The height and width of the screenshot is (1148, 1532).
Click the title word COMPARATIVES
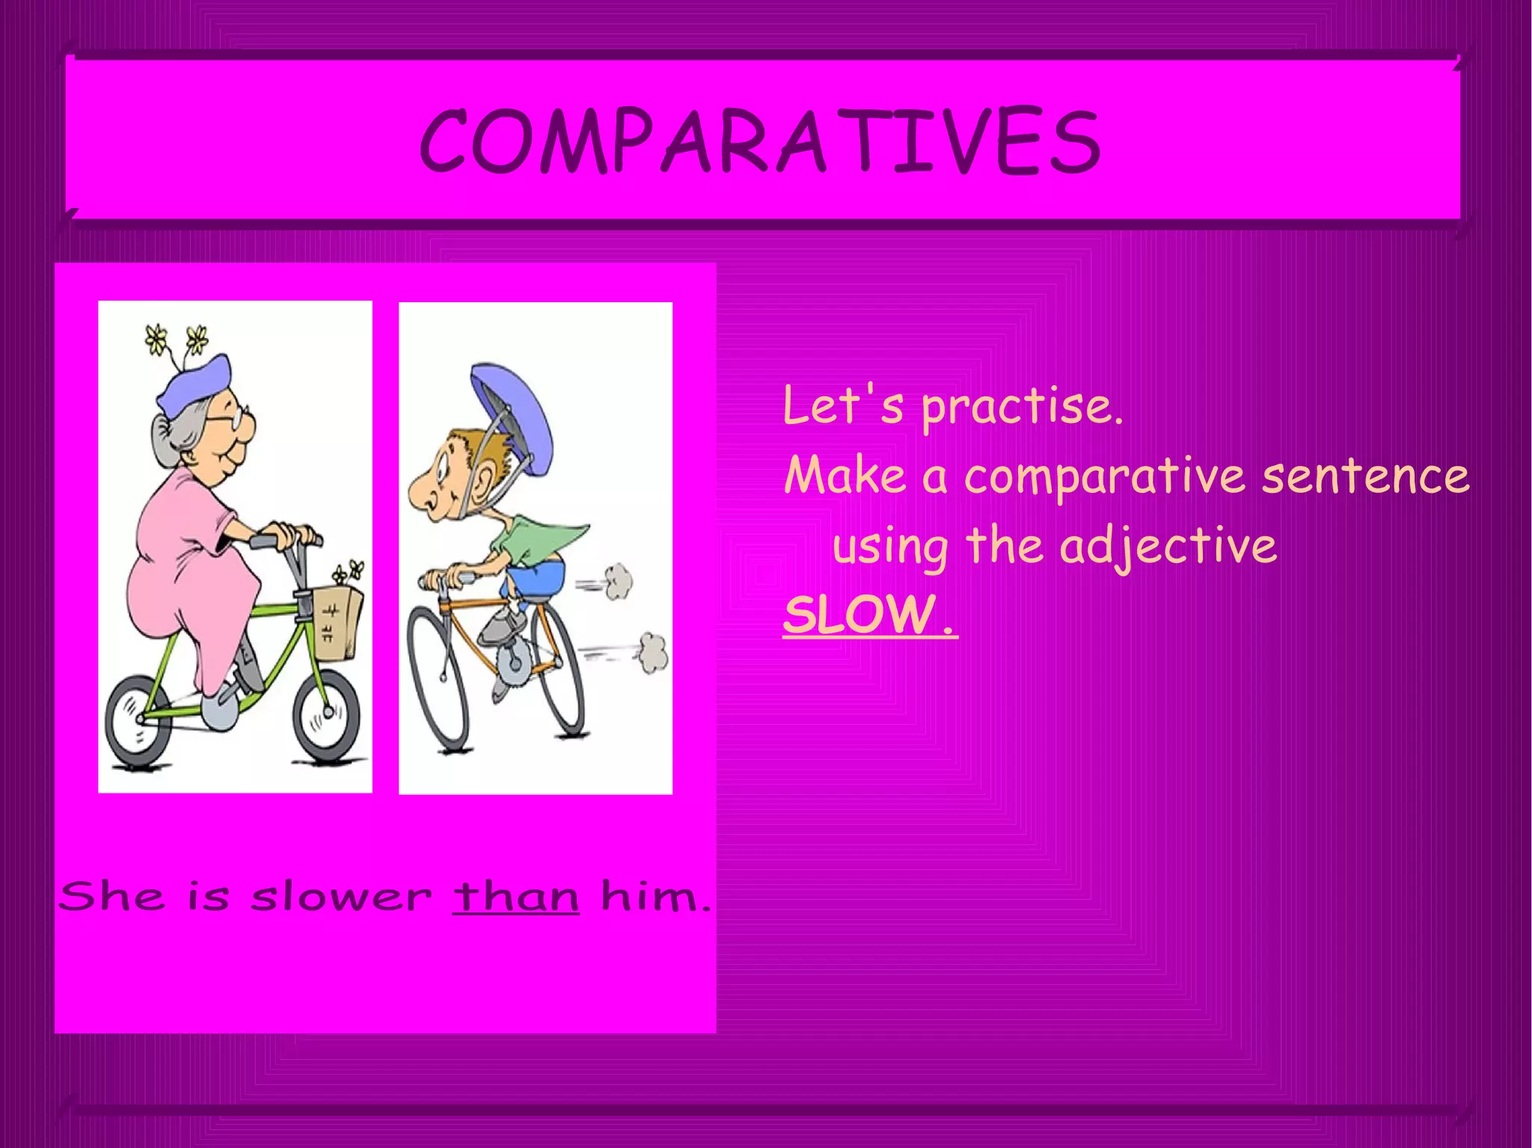(x=759, y=141)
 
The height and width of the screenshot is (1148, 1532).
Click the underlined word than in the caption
(x=515, y=896)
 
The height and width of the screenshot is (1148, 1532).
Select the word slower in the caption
(x=341, y=896)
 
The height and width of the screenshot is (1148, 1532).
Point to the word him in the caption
(x=652, y=896)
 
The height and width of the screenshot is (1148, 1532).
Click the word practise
(x=1020, y=408)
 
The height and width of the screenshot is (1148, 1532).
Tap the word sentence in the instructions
(x=1365, y=476)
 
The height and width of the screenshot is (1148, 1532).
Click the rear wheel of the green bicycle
(x=138, y=721)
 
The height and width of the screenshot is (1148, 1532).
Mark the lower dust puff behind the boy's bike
(x=653, y=652)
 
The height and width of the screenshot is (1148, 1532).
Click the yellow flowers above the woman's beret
(x=177, y=340)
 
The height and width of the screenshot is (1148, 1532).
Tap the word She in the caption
(x=112, y=896)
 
